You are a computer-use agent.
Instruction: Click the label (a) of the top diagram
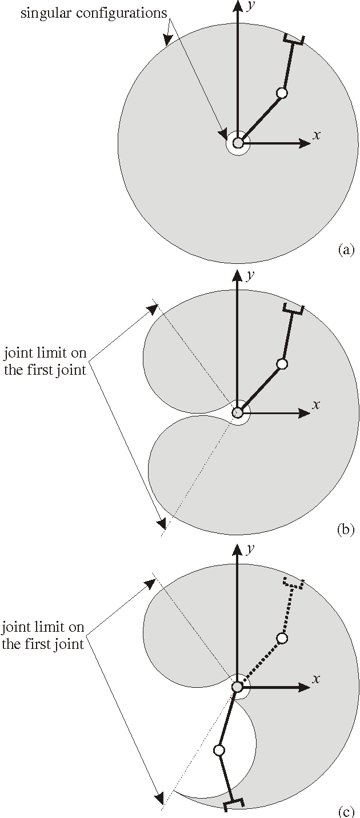[x=346, y=250]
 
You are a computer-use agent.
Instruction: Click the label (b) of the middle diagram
[x=346, y=529]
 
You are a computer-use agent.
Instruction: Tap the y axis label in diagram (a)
[x=249, y=6]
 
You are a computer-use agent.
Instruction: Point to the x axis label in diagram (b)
[x=316, y=404]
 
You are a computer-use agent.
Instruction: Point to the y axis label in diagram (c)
[x=249, y=548]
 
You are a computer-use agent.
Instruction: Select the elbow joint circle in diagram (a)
[x=281, y=93]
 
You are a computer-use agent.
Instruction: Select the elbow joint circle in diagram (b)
[x=281, y=364]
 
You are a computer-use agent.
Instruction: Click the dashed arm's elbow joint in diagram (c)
[x=281, y=638]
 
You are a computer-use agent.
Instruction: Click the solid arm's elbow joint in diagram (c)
[x=218, y=750]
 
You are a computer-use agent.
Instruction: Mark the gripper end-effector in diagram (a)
[x=294, y=39]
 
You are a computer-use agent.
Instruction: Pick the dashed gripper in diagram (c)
[x=294, y=584]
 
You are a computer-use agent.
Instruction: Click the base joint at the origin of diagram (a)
[x=238, y=143]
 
